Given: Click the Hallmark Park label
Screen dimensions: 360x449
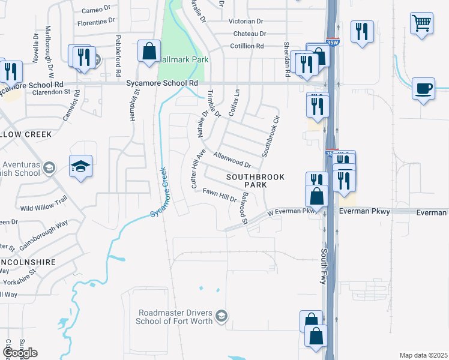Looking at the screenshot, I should (x=184, y=60).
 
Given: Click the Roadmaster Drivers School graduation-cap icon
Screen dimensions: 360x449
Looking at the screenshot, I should (x=221, y=316).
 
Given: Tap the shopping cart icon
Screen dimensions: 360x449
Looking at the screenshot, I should (x=421, y=24).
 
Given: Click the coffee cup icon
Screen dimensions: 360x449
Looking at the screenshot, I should (x=423, y=89).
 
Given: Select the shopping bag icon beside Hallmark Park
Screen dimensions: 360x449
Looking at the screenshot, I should (x=148, y=52).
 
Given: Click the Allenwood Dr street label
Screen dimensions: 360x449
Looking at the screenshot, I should (x=232, y=159).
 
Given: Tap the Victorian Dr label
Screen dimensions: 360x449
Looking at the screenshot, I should (x=246, y=21).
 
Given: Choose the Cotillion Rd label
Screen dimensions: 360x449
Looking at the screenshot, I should (x=247, y=46).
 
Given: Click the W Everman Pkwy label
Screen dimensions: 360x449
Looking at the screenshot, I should (x=291, y=212).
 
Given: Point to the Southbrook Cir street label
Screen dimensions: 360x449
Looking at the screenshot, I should (x=271, y=133).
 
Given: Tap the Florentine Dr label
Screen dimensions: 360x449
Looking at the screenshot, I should (x=96, y=21).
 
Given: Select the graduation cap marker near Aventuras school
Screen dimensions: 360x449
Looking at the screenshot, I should (x=81, y=166).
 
